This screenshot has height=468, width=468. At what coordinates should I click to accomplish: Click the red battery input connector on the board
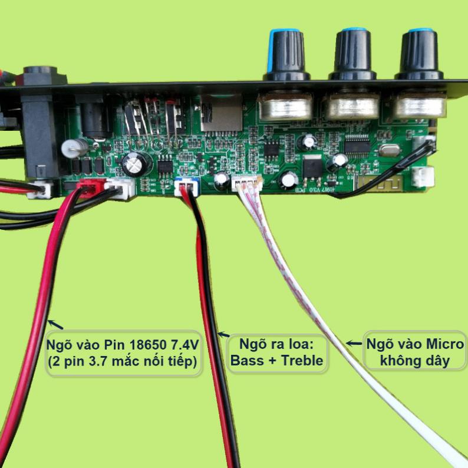click(x=89, y=187)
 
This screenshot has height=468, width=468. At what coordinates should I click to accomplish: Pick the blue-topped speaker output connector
click(x=186, y=187)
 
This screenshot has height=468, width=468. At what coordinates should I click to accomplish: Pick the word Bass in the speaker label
click(x=248, y=361)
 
